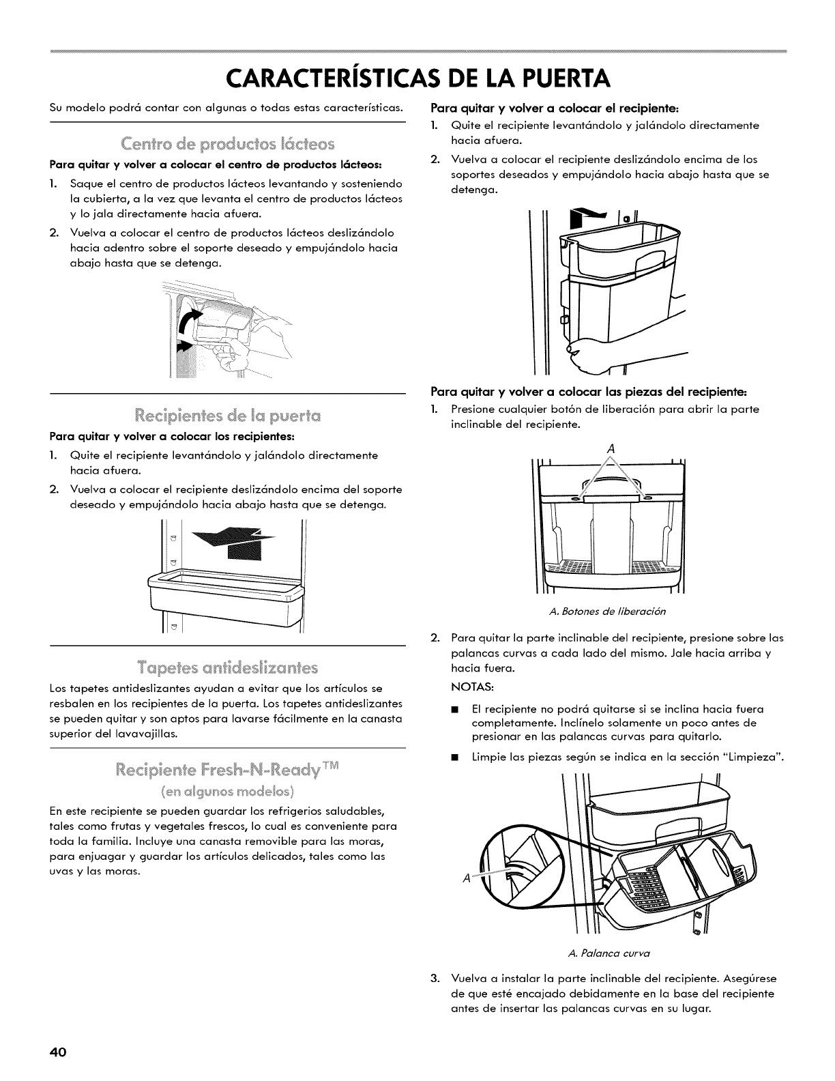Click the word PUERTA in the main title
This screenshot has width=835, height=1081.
click(x=548, y=79)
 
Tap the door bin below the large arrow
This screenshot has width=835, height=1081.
click(x=225, y=590)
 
